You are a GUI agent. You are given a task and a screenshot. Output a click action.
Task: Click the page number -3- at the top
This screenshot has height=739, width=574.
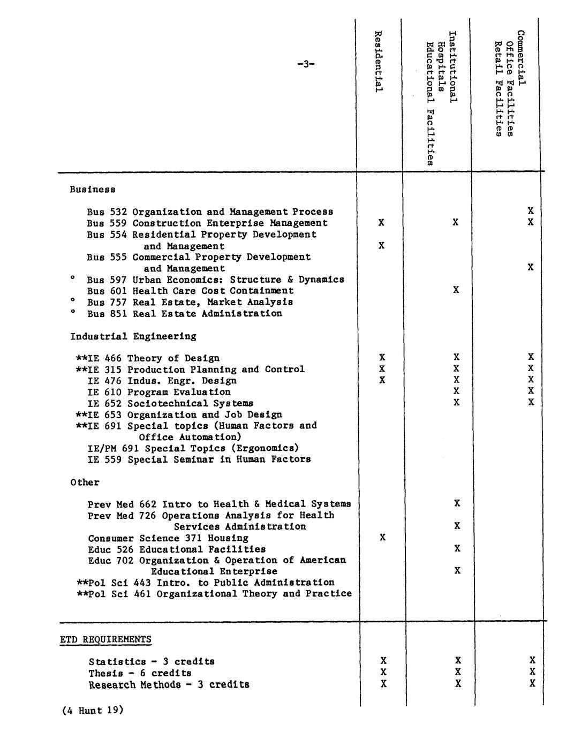coord(306,64)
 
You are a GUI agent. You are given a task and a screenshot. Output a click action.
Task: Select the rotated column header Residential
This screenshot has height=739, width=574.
coord(378,61)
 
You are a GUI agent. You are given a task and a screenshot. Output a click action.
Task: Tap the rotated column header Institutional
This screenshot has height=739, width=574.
coord(452,66)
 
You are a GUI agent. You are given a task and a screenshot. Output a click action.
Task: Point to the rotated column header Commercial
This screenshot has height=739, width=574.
coord(521,58)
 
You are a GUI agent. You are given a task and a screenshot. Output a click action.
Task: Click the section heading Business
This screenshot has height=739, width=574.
coord(93,190)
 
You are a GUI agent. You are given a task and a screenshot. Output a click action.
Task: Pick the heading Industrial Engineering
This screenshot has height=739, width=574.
coord(133,336)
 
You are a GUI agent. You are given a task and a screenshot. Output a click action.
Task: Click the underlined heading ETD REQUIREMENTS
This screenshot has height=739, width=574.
coord(105,639)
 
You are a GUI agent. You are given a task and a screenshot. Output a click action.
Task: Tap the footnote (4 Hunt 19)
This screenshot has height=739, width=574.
coord(93,711)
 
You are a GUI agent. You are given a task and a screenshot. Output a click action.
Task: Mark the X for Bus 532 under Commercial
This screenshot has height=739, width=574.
coord(530,211)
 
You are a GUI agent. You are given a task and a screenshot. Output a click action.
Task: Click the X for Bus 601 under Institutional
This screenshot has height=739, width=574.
coord(456,290)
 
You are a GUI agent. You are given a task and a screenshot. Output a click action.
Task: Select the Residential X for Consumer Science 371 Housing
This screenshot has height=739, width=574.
coord(382,537)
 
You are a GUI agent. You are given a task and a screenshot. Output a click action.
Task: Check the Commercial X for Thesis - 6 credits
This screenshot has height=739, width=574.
coord(532,672)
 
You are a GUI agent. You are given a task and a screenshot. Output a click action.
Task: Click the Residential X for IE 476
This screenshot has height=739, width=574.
coord(382,380)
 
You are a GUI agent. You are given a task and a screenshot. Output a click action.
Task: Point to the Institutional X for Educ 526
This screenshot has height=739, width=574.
coord(457,548)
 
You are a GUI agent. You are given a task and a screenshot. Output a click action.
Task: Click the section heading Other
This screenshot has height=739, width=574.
coord(85,482)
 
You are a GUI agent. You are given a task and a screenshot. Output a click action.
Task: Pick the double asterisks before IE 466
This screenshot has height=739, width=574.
coord(81,358)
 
